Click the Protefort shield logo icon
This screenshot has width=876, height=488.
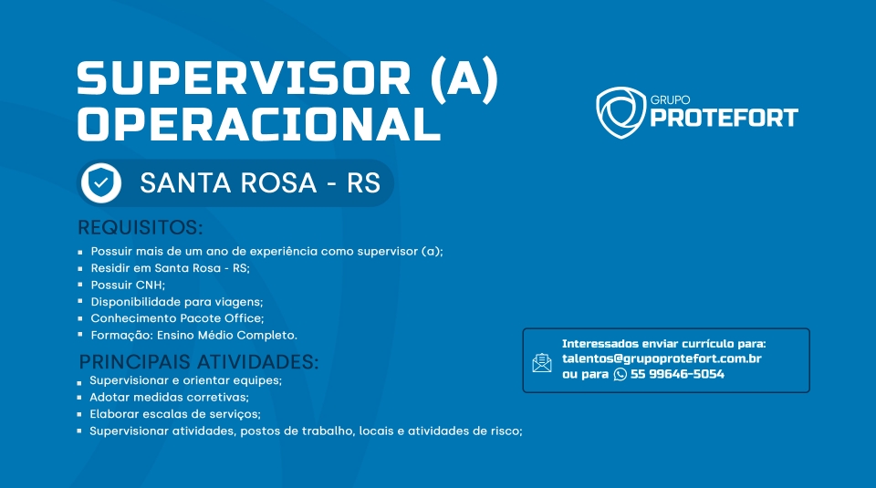point(620,111)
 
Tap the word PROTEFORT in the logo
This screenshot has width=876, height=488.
point(724,118)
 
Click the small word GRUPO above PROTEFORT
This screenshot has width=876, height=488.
point(670,100)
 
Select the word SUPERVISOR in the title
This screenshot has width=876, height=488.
point(245,78)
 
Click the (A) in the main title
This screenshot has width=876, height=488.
point(464,79)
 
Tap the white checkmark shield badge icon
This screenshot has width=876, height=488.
point(101,183)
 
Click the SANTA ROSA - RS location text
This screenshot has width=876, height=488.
point(260,182)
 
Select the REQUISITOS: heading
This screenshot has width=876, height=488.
point(141,227)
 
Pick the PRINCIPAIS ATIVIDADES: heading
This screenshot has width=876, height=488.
point(199,362)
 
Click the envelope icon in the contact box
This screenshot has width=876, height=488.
point(542,362)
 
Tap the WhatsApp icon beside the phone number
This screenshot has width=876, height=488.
point(620,374)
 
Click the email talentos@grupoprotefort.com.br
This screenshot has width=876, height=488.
point(662,358)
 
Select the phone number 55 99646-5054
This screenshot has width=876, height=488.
point(677,374)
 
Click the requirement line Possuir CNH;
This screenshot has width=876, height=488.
point(128,285)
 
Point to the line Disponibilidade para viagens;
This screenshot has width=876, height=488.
point(176,302)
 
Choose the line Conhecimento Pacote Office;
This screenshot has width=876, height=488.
point(177,318)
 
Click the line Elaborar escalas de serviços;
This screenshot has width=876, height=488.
point(175,414)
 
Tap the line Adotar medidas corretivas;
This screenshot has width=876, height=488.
point(170,398)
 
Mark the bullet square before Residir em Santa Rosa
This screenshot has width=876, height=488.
point(80,268)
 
